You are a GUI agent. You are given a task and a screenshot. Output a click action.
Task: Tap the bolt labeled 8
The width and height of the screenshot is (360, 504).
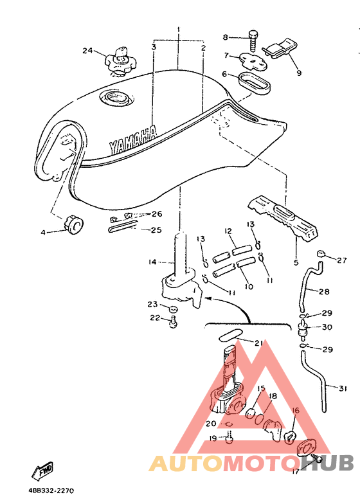click(x=253, y=41)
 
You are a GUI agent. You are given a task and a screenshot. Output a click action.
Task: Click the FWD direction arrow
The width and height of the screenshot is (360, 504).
click(x=42, y=470)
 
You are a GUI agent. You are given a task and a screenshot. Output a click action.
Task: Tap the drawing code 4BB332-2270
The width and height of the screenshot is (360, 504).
click(x=51, y=491)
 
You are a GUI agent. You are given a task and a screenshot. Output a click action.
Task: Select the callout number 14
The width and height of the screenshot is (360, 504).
click(x=152, y=262)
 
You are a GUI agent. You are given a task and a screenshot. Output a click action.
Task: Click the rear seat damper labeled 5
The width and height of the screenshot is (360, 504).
click(x=282, y=219)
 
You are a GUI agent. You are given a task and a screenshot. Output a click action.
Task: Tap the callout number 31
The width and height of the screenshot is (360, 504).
click(x=343, y=388)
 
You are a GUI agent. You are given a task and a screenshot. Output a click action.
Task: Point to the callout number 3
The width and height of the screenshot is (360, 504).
click(x=154, y=48)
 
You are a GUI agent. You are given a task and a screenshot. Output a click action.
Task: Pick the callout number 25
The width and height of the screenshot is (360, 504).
click(x=157, y=230)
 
